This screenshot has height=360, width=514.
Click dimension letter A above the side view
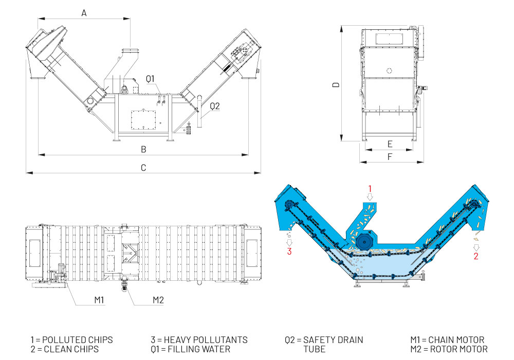pos(84,14)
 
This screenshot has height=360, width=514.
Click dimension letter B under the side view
pos(144,150)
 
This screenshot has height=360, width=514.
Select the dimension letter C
pos(144,168)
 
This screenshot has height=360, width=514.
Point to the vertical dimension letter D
pos(335,84)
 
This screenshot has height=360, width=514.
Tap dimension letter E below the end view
pos(390,144)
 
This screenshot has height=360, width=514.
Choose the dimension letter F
pos(390,156)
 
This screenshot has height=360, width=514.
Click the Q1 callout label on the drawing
pos(150,78)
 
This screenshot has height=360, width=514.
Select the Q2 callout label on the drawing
pos(214,106)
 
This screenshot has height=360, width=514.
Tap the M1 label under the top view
pos(100,299)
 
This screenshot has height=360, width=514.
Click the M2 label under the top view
pos(158,299)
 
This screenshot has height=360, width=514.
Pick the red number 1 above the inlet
pos(369,188)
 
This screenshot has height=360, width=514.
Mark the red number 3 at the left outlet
pos(290,251)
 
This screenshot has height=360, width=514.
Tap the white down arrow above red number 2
pos(476,245)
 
